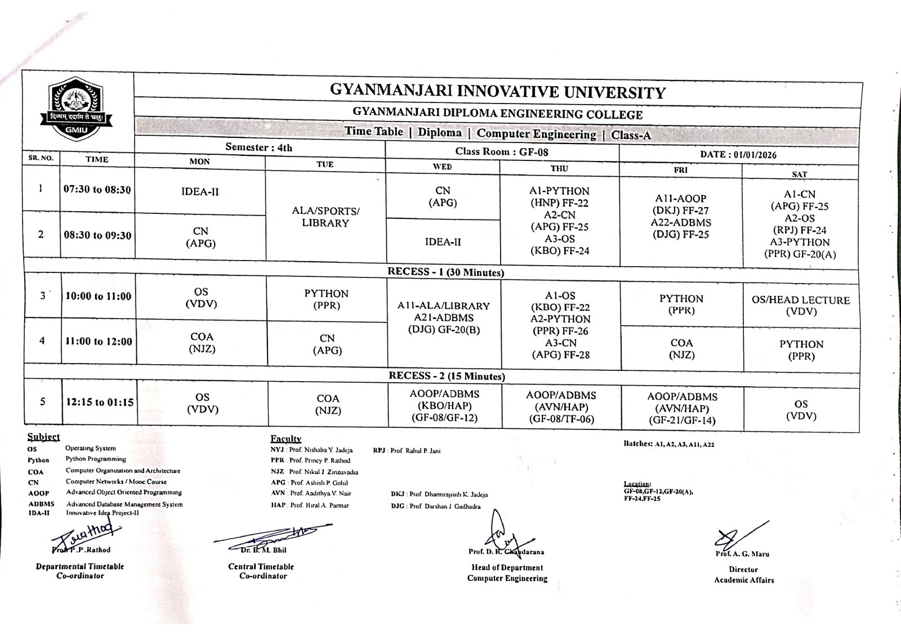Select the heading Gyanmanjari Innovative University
point(497,92)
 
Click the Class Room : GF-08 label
point(502,151)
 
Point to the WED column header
point(442,167)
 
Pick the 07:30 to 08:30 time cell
point(97,190)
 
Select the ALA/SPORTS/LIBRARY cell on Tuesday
point(325,217)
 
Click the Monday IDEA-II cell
point(200,192)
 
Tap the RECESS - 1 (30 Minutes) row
point(445,272)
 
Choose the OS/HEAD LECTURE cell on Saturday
point(801,305)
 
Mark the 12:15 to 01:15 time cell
point(100,402)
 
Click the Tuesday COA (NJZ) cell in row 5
point(328,405)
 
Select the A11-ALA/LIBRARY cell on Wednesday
point(444,317)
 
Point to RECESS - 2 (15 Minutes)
point(447,376)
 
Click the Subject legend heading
point(43,437)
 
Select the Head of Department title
point(507,568)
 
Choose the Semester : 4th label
point(258,147)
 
